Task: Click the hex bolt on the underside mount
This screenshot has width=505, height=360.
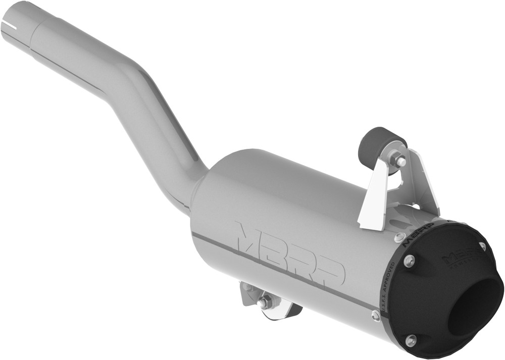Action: (264, 303)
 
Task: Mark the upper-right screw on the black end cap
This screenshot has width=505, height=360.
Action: (482, 246)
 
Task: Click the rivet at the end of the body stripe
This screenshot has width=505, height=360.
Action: (376, 316)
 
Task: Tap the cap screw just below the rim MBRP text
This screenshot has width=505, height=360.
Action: (410, 261)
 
